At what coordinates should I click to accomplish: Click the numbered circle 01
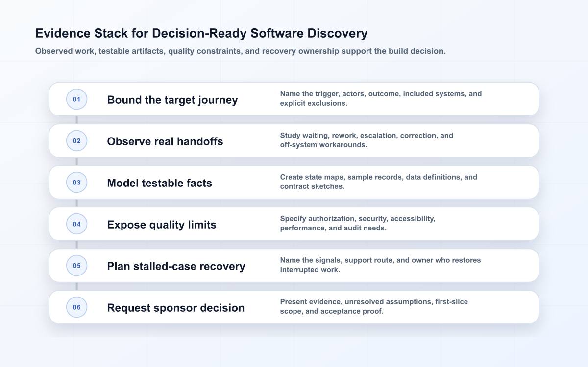tap(76, 99)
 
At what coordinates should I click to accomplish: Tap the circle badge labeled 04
tap(76, 224)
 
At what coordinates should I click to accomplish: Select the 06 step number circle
tap(76, 307)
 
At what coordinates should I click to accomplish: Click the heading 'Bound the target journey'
tap(172, 100)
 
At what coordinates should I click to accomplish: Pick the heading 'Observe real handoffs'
tap(165, 141)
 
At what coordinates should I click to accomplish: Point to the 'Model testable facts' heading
tap(160, 183)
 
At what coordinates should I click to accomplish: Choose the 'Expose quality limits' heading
tap(162, 225)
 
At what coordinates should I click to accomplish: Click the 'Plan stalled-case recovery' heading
tap(176, 266)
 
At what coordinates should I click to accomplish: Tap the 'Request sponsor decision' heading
tap(176, 308)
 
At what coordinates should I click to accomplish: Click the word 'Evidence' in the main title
tap(63, 33)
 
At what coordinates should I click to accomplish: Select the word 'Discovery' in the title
tap(337, 34)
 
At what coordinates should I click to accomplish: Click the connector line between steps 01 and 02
tap(76, 120)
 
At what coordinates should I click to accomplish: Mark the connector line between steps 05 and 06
tap(76, 286)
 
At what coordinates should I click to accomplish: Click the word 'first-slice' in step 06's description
tap(451, 302)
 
